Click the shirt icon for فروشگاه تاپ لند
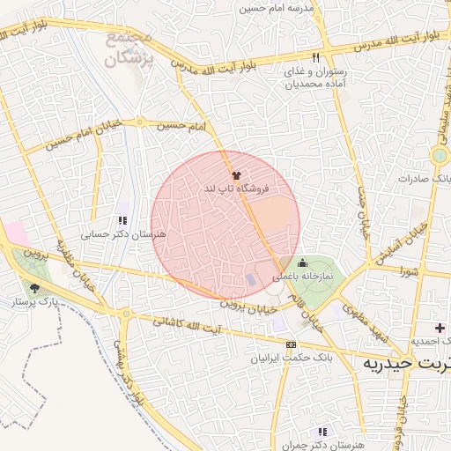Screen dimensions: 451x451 pyautogui.click(x=235, y=175)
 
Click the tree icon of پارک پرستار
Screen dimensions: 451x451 pyautogui.click(x=34, y=288)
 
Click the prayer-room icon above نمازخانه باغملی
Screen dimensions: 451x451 pyautogui.click(x=303, y=262)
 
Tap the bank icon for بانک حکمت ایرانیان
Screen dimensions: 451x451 pyautogui.click(x=292, y=344)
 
